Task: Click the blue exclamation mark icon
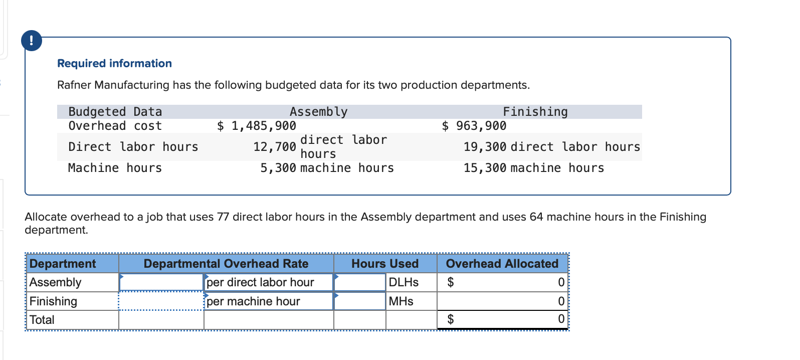pyautogui.click(x=32, y=41)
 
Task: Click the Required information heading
pyautogui.click(x=114, y=63)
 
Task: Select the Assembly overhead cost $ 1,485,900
pyautogui.click(x=257, y=126)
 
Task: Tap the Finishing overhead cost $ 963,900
pyautogui.click(x=474, y=126)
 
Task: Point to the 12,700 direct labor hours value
pyautogui.click(x=275, y=147)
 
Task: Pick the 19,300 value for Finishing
pyautogui.click(x=485, y=147)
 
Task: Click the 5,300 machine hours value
pyautogui.click(x=278, y=168)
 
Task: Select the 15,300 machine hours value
pyautogui.click(x=485, y=168)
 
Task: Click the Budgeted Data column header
pyautogui.click(x=115, y=112)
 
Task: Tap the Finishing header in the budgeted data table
pyautogui.click(x=535, y=112)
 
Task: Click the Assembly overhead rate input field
pyautogui.click(x=161, y=282)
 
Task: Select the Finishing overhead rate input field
pyautogui.click(x=161, y=301)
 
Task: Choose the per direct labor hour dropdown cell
pyautogui.click(x=269, y=282)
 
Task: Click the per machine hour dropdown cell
pyautogui.click(x=269, y=301)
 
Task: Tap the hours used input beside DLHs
pyautogui.click(x=359, y=282)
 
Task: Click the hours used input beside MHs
pyautogui.click(x=359, y=301)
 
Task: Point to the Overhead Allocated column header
pyautogui.click(x=502, y=264)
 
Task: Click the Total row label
pyautogui.click(x=42, y=320)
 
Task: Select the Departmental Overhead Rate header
pyautogui.click(x=226, y=264)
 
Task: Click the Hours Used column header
pyautogui.click(x=384, y=264)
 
